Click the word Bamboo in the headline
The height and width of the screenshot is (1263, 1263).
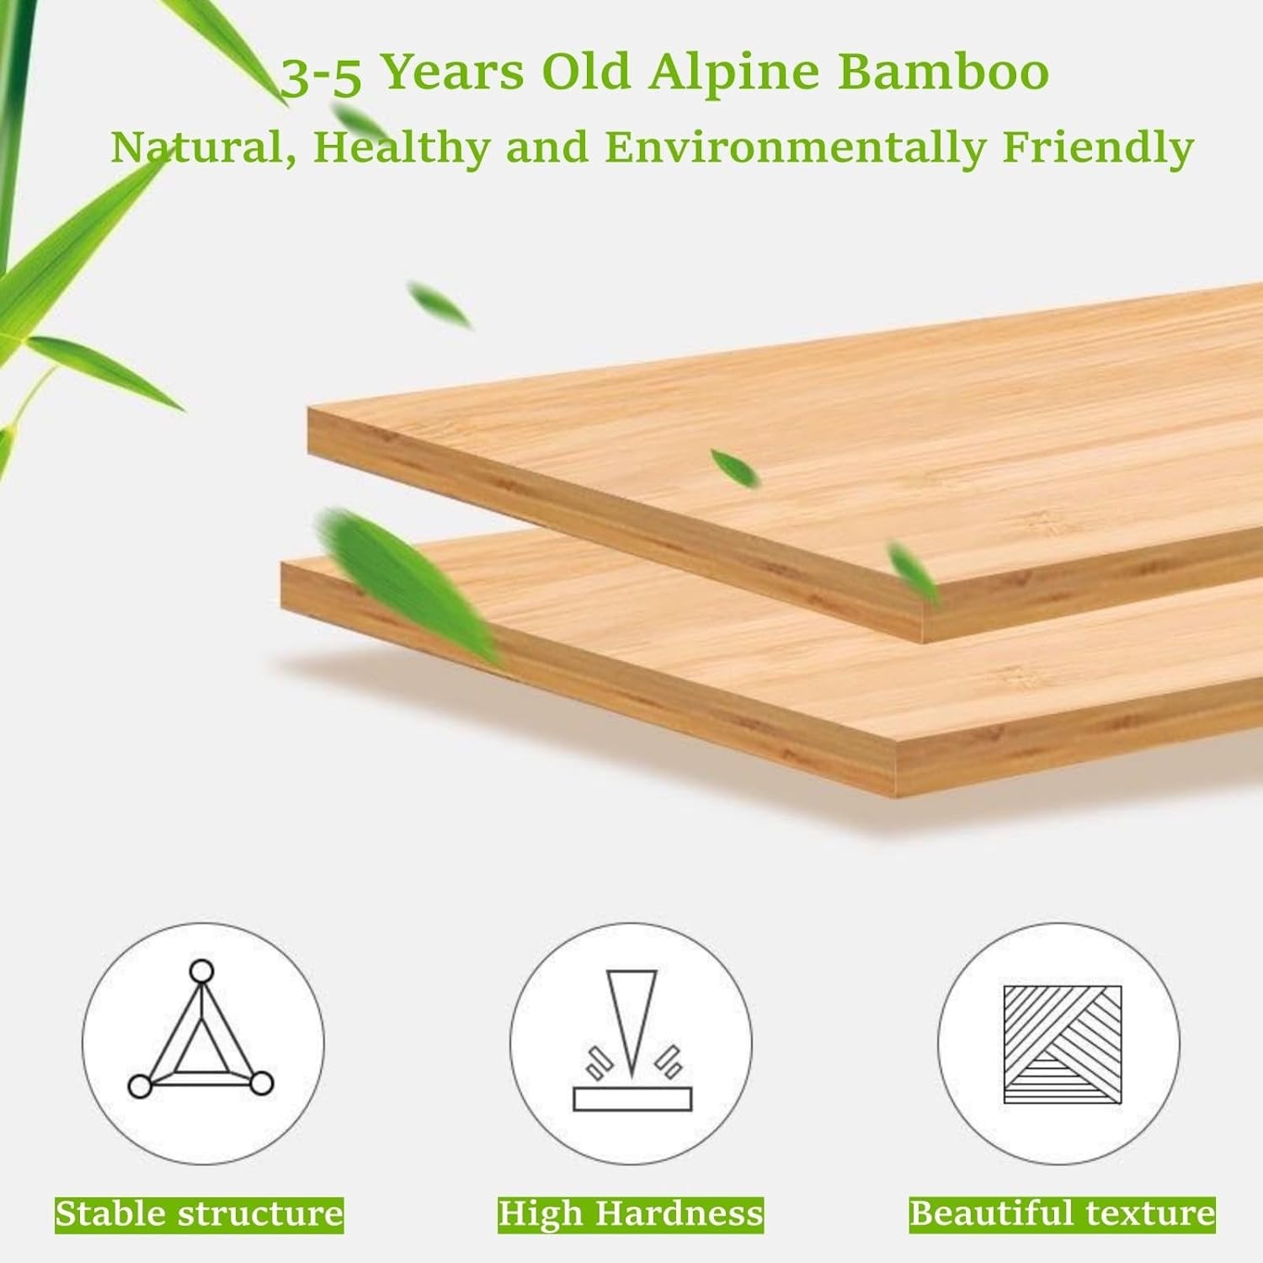click(x=944, y=72)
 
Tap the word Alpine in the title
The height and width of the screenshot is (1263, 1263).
click(x=733, y=74)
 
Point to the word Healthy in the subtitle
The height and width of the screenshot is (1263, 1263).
click(x=402, y=149)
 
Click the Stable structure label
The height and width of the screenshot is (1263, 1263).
click(x=200, y=1214)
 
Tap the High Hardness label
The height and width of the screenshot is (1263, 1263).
click(x=631, y=1214)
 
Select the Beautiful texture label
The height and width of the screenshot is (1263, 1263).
click(x=1062, y=1214)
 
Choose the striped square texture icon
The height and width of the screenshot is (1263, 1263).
click(x=1062, y=1044)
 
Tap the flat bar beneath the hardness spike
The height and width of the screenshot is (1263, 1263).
click(x=631, y=1098)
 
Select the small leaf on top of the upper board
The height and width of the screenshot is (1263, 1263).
click(x=734, y=467)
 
